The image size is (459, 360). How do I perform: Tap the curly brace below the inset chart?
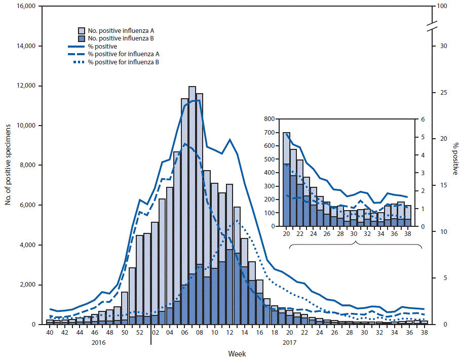[356, 245]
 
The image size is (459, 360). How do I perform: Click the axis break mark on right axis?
[432, 27]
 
